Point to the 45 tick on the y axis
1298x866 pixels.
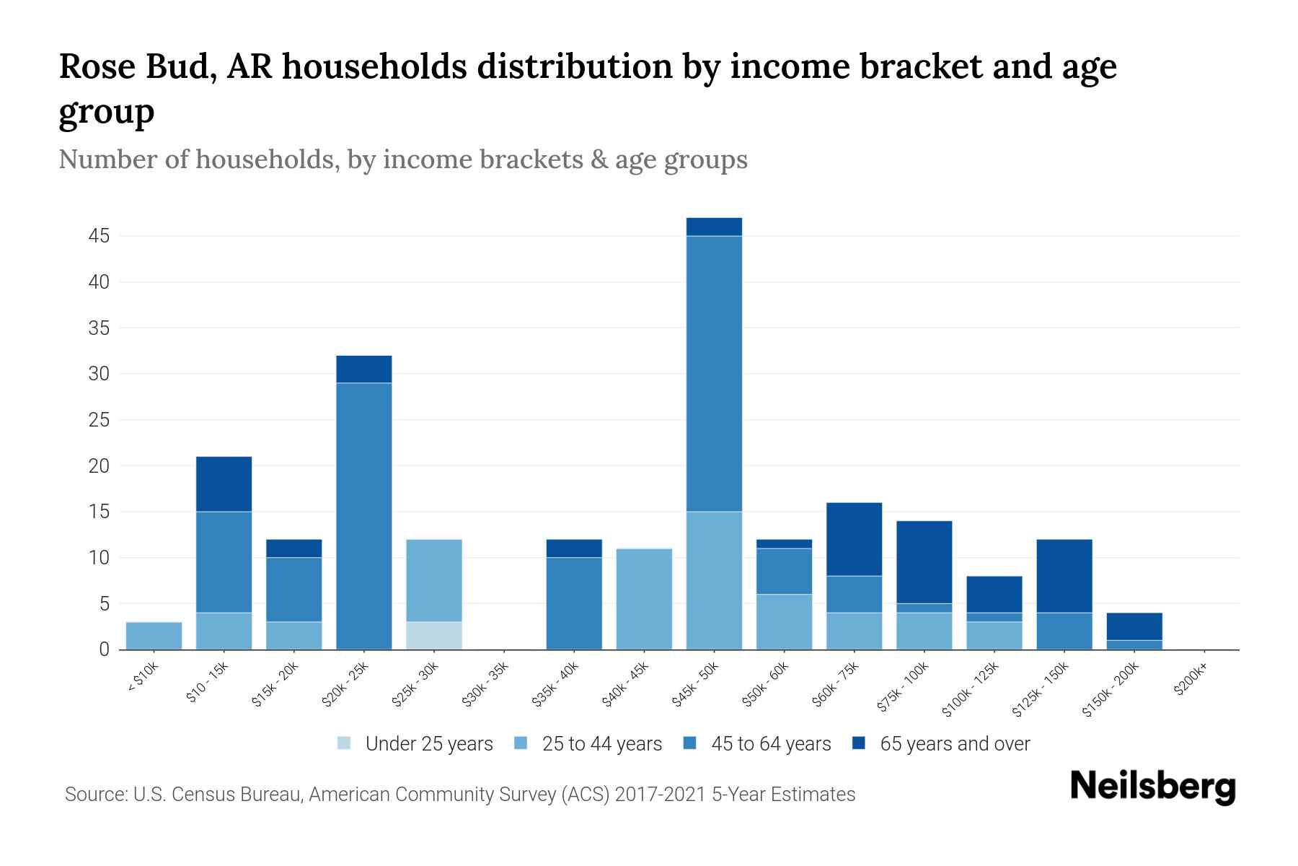click(x=100, y=236)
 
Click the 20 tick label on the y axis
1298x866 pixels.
click(x=100, y=466)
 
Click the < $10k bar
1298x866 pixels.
click(x=154, y=636)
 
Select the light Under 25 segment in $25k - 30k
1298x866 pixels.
click(x=434, y=636)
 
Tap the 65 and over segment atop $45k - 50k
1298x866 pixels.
click(x=714, y=227)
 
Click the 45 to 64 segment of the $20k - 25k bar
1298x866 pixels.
click(x=364, y=516)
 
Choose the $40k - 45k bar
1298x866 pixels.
click(x=644, y=599)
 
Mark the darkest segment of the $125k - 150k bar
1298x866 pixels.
click(x=1064, y=576)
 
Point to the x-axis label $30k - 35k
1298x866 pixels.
click(x=485, y=685)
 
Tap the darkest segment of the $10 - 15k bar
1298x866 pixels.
click(x=224, y=484)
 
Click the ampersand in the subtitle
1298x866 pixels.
click(x=599, y=159)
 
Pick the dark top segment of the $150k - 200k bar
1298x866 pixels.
click(x=1134, y=626)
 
